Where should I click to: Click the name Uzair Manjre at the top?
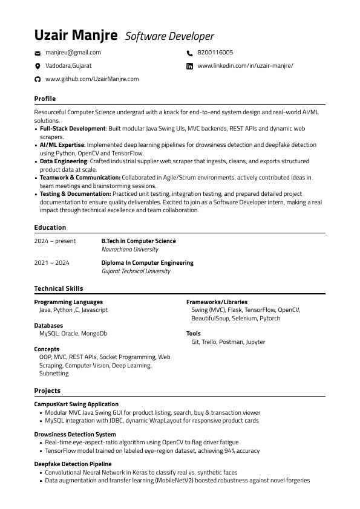pos(76,36)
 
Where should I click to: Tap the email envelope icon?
pos(38,53)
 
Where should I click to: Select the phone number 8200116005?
pos(215,53)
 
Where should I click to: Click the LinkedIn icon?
pos(189,66)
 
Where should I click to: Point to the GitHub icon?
pos(38,79)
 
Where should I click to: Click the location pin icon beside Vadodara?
pos(38,66)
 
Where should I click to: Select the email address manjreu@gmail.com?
pos(73,53)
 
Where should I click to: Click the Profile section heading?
pos(45,99)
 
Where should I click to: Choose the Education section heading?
pos(50,227)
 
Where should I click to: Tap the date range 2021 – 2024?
pos(51,263)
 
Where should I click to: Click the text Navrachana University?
pos(129,249)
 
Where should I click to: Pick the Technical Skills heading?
pos(59,288)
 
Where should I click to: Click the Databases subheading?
pos(48,325)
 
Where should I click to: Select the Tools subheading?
pos(193,333)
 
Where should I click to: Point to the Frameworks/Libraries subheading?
pos(217,302)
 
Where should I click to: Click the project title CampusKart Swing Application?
pos(76,404)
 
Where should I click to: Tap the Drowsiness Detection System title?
pos(75,434)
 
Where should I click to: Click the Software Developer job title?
pos(169,37)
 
